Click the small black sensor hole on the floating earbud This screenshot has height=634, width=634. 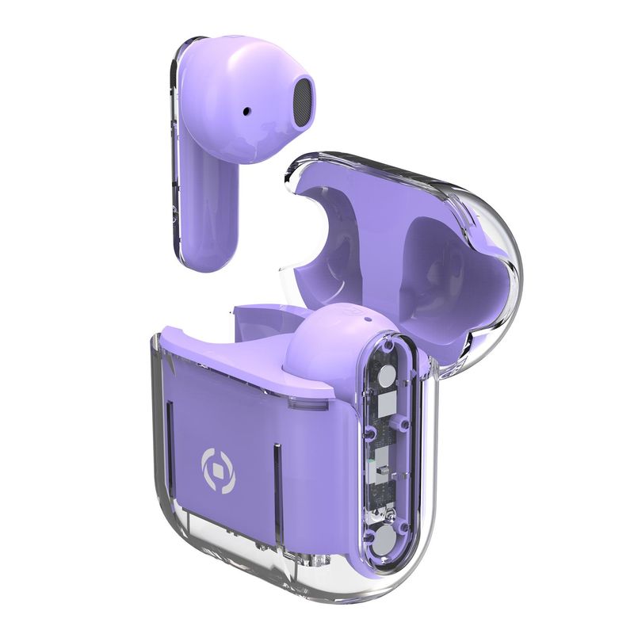click(247, 111)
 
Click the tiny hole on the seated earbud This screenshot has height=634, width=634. click(366, 321)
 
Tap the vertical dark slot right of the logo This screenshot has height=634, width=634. click(275, 475)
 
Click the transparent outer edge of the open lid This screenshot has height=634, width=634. click(507, 262)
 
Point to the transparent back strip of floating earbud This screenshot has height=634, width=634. click(178, 158)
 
